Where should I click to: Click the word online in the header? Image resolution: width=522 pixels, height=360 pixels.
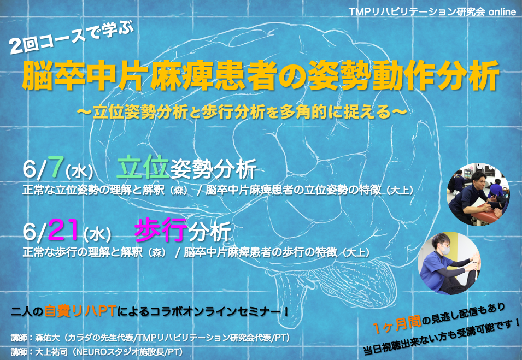[502, 11]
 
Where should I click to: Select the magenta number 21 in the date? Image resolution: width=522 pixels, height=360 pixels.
[63, 229]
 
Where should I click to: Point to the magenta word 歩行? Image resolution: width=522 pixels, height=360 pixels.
[161, 230]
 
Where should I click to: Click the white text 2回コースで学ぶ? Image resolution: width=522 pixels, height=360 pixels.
[71, 37]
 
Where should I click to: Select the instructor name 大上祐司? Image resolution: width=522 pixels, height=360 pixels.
[51, 351]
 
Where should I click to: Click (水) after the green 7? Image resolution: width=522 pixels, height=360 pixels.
[79, 172]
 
